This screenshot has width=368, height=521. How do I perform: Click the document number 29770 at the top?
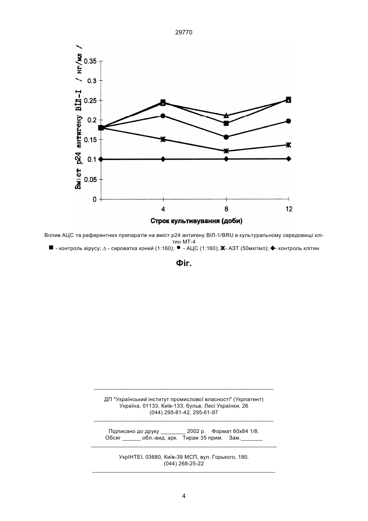[184, 33]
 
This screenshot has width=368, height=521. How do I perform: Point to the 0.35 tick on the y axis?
[101, 61]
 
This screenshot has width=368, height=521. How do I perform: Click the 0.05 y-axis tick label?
[90, 180]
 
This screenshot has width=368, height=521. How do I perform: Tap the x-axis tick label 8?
[226, 209]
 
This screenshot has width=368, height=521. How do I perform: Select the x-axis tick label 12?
[289, 209]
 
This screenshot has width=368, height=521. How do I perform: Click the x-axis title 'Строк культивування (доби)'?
[196, 221]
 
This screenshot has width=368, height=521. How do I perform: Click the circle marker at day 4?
[163, 116]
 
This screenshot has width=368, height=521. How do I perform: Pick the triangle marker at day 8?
[226, 115]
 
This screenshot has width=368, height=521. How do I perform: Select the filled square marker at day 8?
[226, 123]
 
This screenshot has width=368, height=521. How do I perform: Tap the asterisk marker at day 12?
[289, 145]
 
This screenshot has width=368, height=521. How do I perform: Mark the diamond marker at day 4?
[163, 159]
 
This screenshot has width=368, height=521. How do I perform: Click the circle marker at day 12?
[289, 121]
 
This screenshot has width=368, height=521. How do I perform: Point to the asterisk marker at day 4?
[163, 139]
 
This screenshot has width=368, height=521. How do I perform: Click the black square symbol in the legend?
[51, 248]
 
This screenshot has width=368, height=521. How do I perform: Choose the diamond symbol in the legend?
[272, 248]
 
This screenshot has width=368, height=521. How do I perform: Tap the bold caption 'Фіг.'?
[184, 263]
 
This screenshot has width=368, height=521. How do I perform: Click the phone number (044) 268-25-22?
[184, 464]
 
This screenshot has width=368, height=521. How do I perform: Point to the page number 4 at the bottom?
[184, 496]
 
